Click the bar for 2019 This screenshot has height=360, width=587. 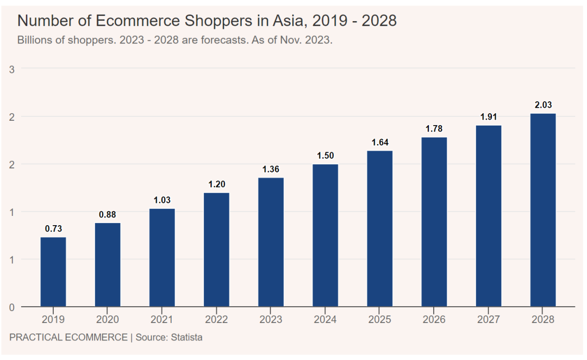click(x=53, y=272)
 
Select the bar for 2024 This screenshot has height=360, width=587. click(x=325, y=235)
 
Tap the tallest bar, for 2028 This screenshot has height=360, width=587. click(x=543, y=210)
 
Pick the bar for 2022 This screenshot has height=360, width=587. click(x=216, y=250)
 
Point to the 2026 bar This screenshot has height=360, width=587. click(x=434, y=222)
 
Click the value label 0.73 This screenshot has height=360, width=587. click(x=53, y=229)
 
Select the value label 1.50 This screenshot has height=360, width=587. click(x=325, y=156)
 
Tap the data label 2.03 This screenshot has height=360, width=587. click(x=543, y=105)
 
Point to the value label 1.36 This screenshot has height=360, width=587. click(x=271, y=169)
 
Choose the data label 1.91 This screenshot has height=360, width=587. click(x=489, y=117)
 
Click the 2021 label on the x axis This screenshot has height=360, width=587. click(x=162, y=320)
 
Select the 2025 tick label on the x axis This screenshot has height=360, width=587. click(x=379, y=320)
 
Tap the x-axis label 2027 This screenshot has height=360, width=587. click(x=489, y=320)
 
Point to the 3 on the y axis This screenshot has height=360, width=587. click(x=12, y=69)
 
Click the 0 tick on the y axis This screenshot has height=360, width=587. click(x=12, y=307)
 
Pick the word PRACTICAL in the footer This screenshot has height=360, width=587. click(x=35, y=337)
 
